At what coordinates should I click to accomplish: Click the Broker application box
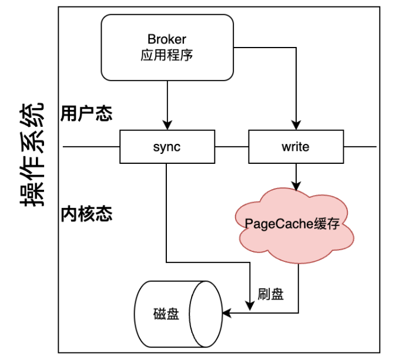tap(167, 47)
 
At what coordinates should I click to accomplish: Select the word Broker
tap(167, 40)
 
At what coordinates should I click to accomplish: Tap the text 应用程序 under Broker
tap(167, 56)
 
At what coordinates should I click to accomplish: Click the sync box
tap(167, 147)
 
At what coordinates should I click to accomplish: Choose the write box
tap(295, 147)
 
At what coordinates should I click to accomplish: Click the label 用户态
tap(86, 113)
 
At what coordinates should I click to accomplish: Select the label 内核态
tap(86, 214)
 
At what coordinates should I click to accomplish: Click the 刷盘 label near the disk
tap(270, 294)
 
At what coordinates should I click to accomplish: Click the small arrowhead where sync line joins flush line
tap(250, 306)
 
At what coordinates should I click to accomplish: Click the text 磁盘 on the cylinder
tap(165, 314)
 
